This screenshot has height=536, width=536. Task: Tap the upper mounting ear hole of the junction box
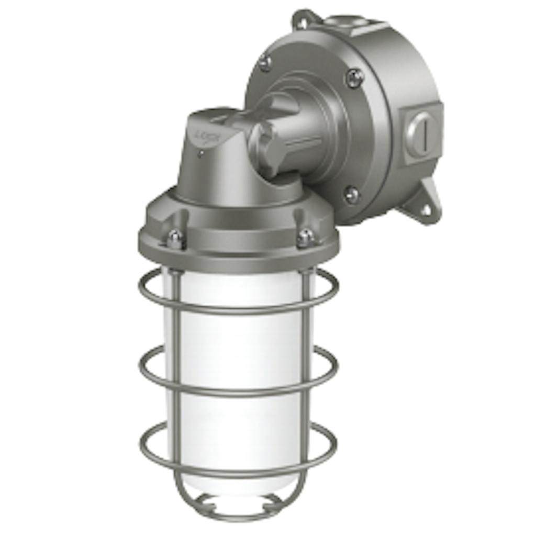pos(303,21)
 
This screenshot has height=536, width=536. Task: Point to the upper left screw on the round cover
pos(266,63)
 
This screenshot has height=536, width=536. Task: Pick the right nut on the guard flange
pos(305,238)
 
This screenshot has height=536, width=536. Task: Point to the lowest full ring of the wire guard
pos(238,463)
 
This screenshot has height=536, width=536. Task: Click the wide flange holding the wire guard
pos(238,246)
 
